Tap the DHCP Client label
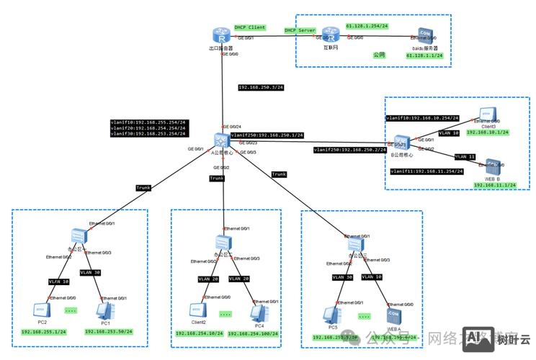pos(250,27)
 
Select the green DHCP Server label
pos(300,30)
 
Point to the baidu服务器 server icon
pos(424,34)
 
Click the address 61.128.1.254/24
pos(367,25)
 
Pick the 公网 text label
pos(379,55)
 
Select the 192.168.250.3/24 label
pos(261,88)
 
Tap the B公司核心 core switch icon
pos(401,144)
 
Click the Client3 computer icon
pos(487,115)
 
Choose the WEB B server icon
pos(493,168)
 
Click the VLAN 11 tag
pos(465,156)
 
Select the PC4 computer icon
pos(259,312)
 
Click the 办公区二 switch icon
pos(223,242)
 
